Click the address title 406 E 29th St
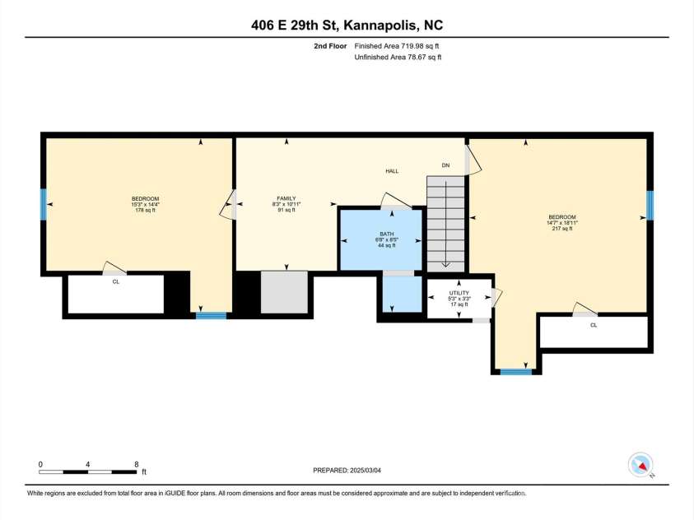(x=347, y=25)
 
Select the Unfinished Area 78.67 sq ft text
(x=398, y=58)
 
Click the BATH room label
(x=387, y=234)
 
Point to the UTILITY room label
(x=459, y=293)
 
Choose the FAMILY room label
(x=286, y=198)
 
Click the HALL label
(x=392, y=171)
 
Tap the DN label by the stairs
(x=445, y=165)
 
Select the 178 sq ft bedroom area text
(x=145, y=211)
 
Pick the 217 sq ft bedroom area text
(x=563, y=228)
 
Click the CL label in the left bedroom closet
(x=116, y=281)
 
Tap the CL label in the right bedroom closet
(x=593, y=325)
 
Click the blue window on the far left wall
(x=43, y=205)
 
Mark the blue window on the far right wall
(x=649, y=206)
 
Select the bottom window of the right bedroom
(x=516, y=372)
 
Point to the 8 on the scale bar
(x=136, y=464)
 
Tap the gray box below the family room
(x=284, y=291)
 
